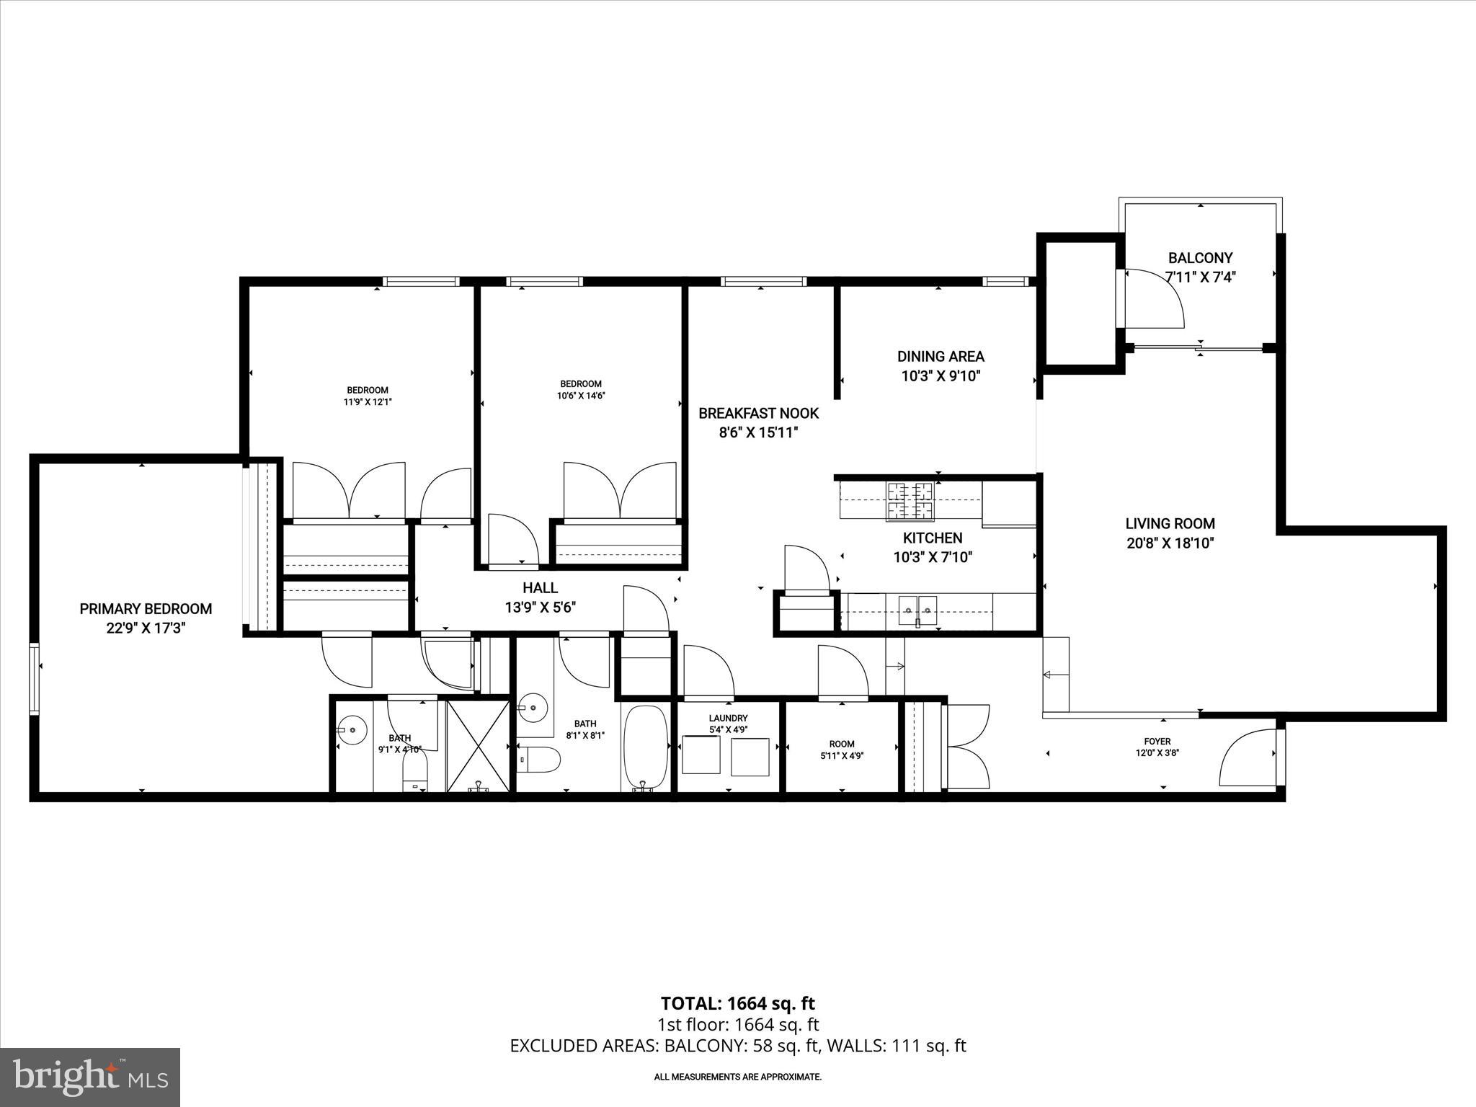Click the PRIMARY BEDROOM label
146,609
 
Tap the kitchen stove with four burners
910,501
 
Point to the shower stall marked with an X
478,745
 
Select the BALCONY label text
1200,258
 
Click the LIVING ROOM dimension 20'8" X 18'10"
1170,543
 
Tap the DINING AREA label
941,356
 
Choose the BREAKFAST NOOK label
758,414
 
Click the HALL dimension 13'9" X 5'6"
540,608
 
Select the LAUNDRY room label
728,719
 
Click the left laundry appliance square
701,756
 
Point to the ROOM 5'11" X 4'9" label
841,744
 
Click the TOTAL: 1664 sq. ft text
737,1003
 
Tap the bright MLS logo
90,1077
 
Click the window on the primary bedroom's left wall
34,679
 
